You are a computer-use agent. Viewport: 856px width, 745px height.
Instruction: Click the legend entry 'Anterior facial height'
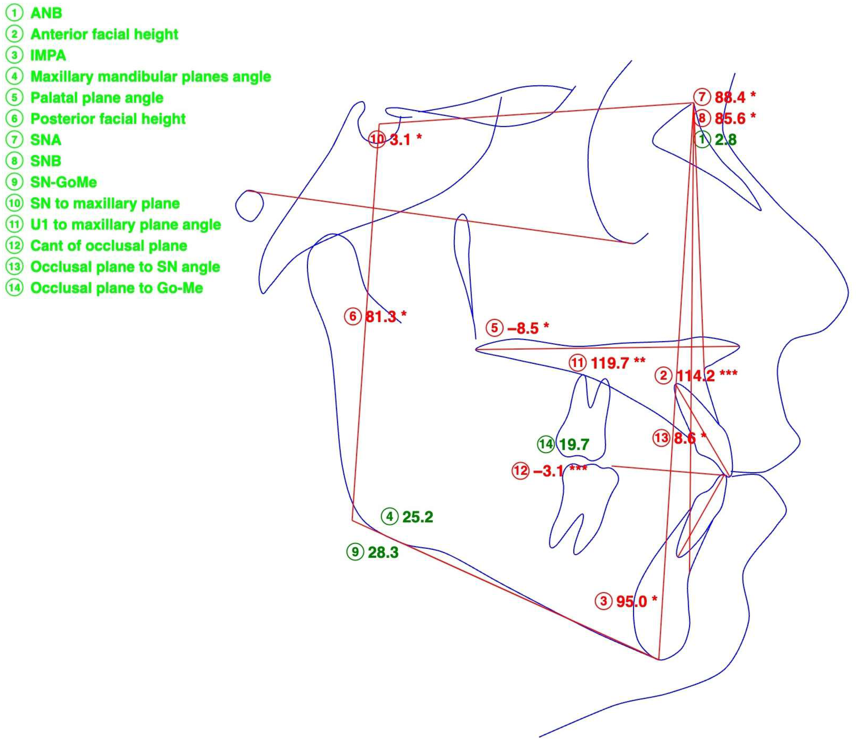(104, 34)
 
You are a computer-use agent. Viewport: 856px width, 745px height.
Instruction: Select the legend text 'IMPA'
(48, 55)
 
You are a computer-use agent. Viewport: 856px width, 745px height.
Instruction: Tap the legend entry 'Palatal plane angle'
(97, 98)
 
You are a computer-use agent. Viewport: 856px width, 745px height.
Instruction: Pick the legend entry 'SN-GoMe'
(64, 182)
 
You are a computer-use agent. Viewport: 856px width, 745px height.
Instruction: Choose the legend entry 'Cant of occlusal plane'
(109, 246)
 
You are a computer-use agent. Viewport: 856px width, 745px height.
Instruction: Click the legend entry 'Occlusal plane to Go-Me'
(117, 288)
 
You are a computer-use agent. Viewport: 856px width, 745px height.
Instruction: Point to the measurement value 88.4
(730, 97)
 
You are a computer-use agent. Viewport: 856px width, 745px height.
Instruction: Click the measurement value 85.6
(730, 118)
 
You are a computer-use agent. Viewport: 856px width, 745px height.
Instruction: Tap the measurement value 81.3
(381, 317)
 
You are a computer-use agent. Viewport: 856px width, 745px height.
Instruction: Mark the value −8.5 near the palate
(523, 329)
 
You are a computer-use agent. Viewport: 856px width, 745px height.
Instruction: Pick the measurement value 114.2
(695, 376)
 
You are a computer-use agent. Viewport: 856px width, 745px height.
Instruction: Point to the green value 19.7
(574, 445)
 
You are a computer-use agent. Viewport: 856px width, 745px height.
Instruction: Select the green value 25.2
(418, 517)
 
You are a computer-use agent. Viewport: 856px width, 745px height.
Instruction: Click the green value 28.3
(383, 553)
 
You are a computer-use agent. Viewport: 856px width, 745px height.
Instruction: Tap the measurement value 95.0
(632, 601)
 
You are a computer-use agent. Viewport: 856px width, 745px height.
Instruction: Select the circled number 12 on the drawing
(520, 471)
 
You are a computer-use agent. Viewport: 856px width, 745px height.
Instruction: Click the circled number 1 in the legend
(14, 13)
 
